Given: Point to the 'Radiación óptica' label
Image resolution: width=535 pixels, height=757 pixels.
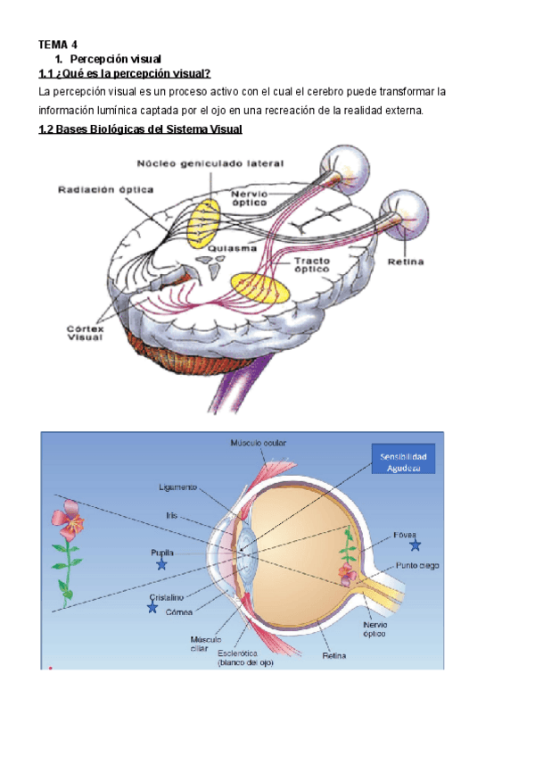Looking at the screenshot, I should tap(106, 189).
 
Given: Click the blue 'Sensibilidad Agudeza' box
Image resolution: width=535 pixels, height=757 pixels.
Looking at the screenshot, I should tap(403, 462).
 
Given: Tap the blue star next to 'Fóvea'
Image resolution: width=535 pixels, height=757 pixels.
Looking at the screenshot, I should tap(415, 545).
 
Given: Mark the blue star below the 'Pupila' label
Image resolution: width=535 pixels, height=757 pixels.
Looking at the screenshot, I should tap(161, 564).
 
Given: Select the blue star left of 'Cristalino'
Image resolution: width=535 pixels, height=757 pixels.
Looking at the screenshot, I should tap(152, 608).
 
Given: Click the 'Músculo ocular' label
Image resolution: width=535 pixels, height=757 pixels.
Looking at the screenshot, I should tap(259, 443).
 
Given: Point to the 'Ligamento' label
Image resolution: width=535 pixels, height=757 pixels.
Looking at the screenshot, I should tap(179, 487).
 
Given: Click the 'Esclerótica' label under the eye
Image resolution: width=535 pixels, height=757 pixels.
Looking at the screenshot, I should tap(244, 658).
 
